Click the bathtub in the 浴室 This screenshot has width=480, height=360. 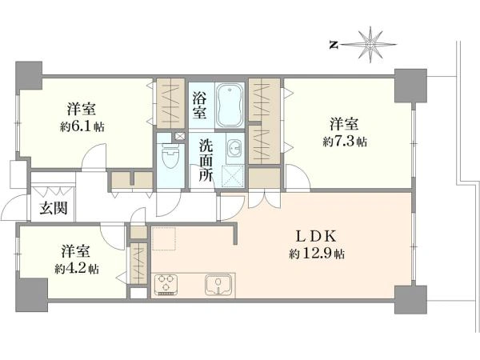pos(230,106)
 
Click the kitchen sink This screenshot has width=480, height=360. pos(218,285)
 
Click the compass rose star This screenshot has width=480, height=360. pos(370,45)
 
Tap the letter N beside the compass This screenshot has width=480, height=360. pos(334,46)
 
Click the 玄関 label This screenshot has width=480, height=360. pos(54,209)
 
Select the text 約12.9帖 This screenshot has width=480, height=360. pos(317,254)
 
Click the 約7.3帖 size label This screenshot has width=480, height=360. pos(345,142)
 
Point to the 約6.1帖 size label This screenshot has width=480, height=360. pos(82,126)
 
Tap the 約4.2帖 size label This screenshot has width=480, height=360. pos(77,269)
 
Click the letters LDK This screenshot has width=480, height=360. pos(317,236)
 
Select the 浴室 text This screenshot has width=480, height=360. pos(199,106)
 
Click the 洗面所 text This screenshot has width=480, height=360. pos(206,160)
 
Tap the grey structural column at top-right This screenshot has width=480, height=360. pos(410,86)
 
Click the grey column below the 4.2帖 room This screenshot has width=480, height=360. pos(32,294)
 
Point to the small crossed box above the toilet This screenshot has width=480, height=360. pos(180,136)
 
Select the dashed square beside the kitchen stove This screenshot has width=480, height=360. pos(164,238)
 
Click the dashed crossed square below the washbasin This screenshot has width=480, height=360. pos(233,176)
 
